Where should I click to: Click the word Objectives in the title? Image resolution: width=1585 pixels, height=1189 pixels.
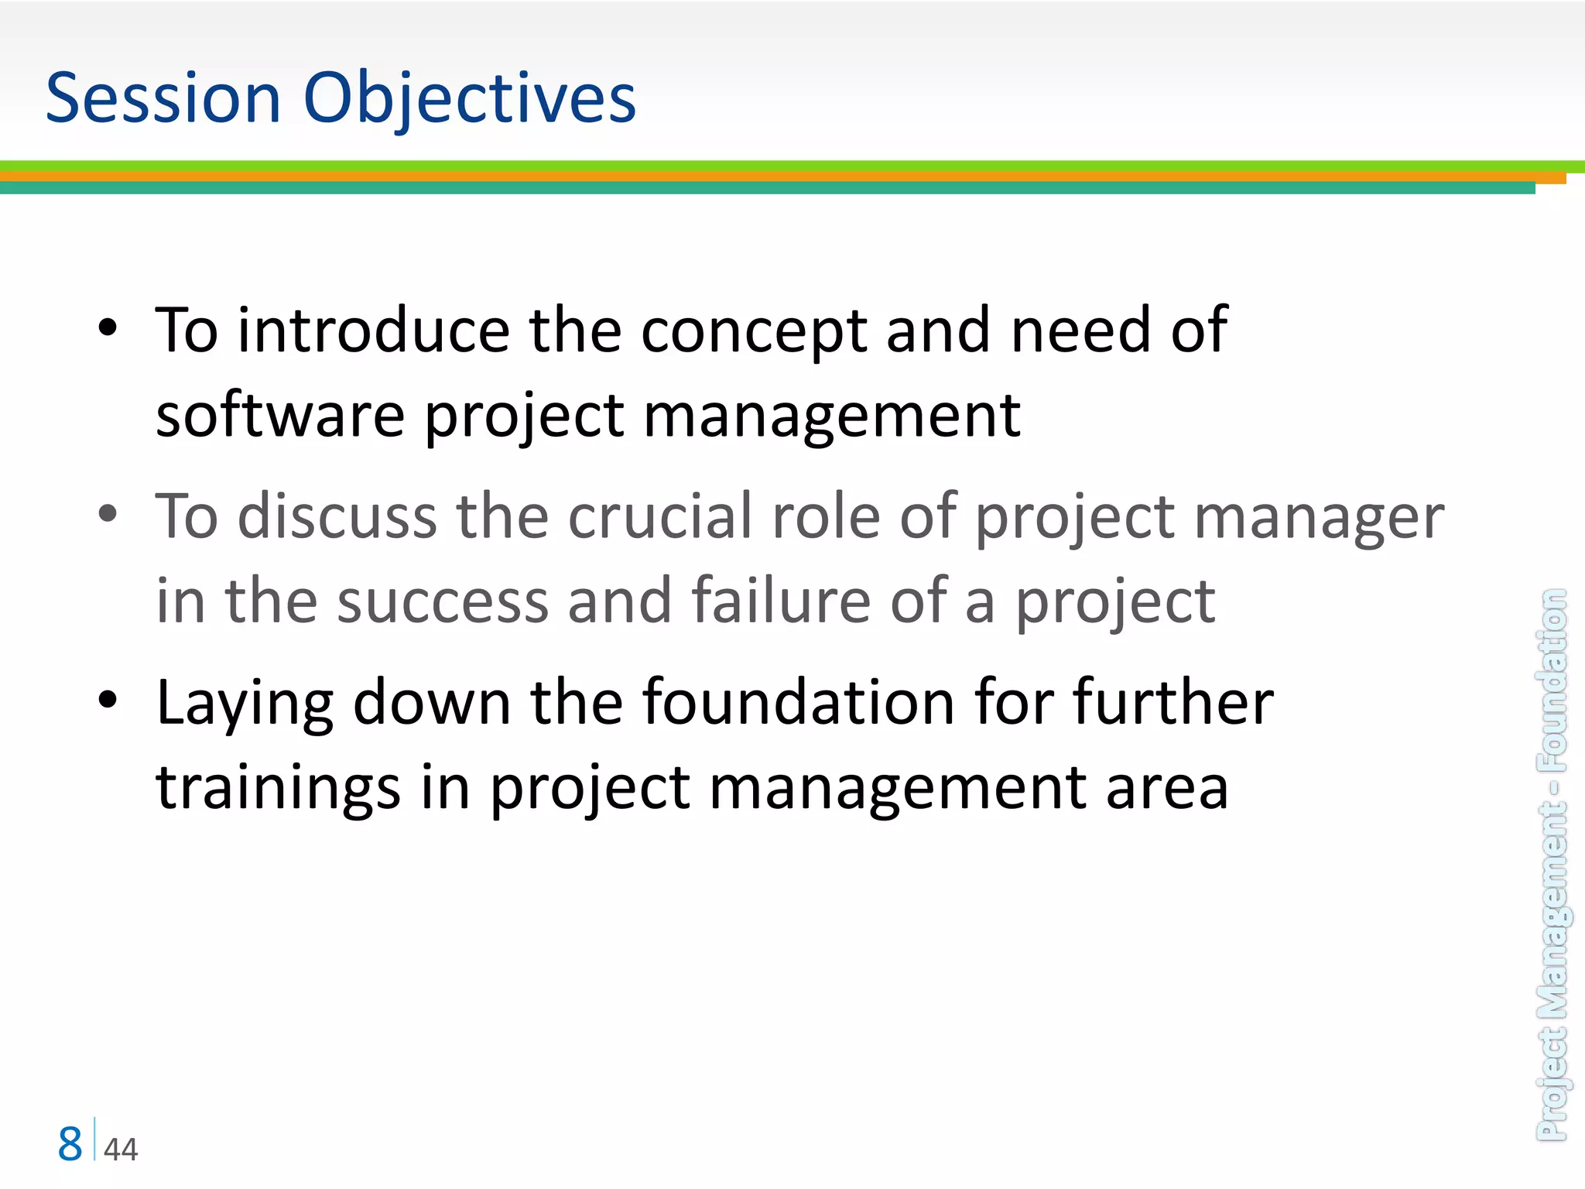(x=470, y=99)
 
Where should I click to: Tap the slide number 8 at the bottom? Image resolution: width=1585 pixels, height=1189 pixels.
(x=70, y=1144)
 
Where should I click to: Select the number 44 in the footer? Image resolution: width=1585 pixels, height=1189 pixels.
(x=121, y=1150)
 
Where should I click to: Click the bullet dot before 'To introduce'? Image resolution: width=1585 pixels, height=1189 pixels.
(x=108, y=328)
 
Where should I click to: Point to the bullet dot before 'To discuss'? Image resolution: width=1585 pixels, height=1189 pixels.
(x=108, y=513)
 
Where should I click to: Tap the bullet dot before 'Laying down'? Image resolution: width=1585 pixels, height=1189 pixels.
(x=108, y=700)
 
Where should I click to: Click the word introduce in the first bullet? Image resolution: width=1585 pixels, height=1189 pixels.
(x=373, y=331)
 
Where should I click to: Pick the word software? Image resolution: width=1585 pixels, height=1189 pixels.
(x=280, y=415)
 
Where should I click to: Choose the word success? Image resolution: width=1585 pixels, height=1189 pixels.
(x=443, y=601)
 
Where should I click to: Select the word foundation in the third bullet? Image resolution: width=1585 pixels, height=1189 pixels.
(x=799, y=702)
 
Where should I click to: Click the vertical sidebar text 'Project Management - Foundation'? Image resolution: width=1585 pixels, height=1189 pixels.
(x=1552, y=864)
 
